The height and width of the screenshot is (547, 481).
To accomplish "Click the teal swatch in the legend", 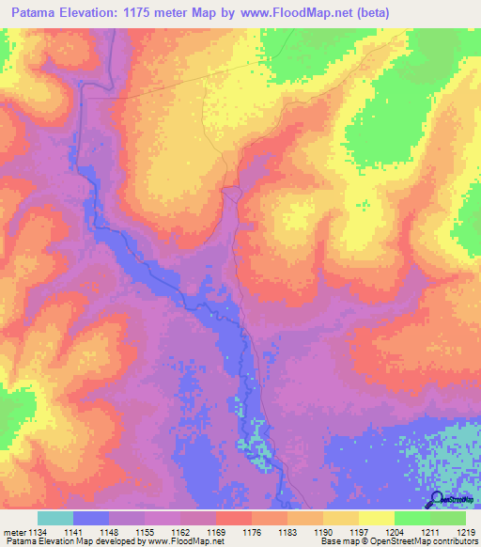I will tap(55, 518).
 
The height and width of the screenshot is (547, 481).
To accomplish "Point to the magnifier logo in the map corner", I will tap(439, 501).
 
